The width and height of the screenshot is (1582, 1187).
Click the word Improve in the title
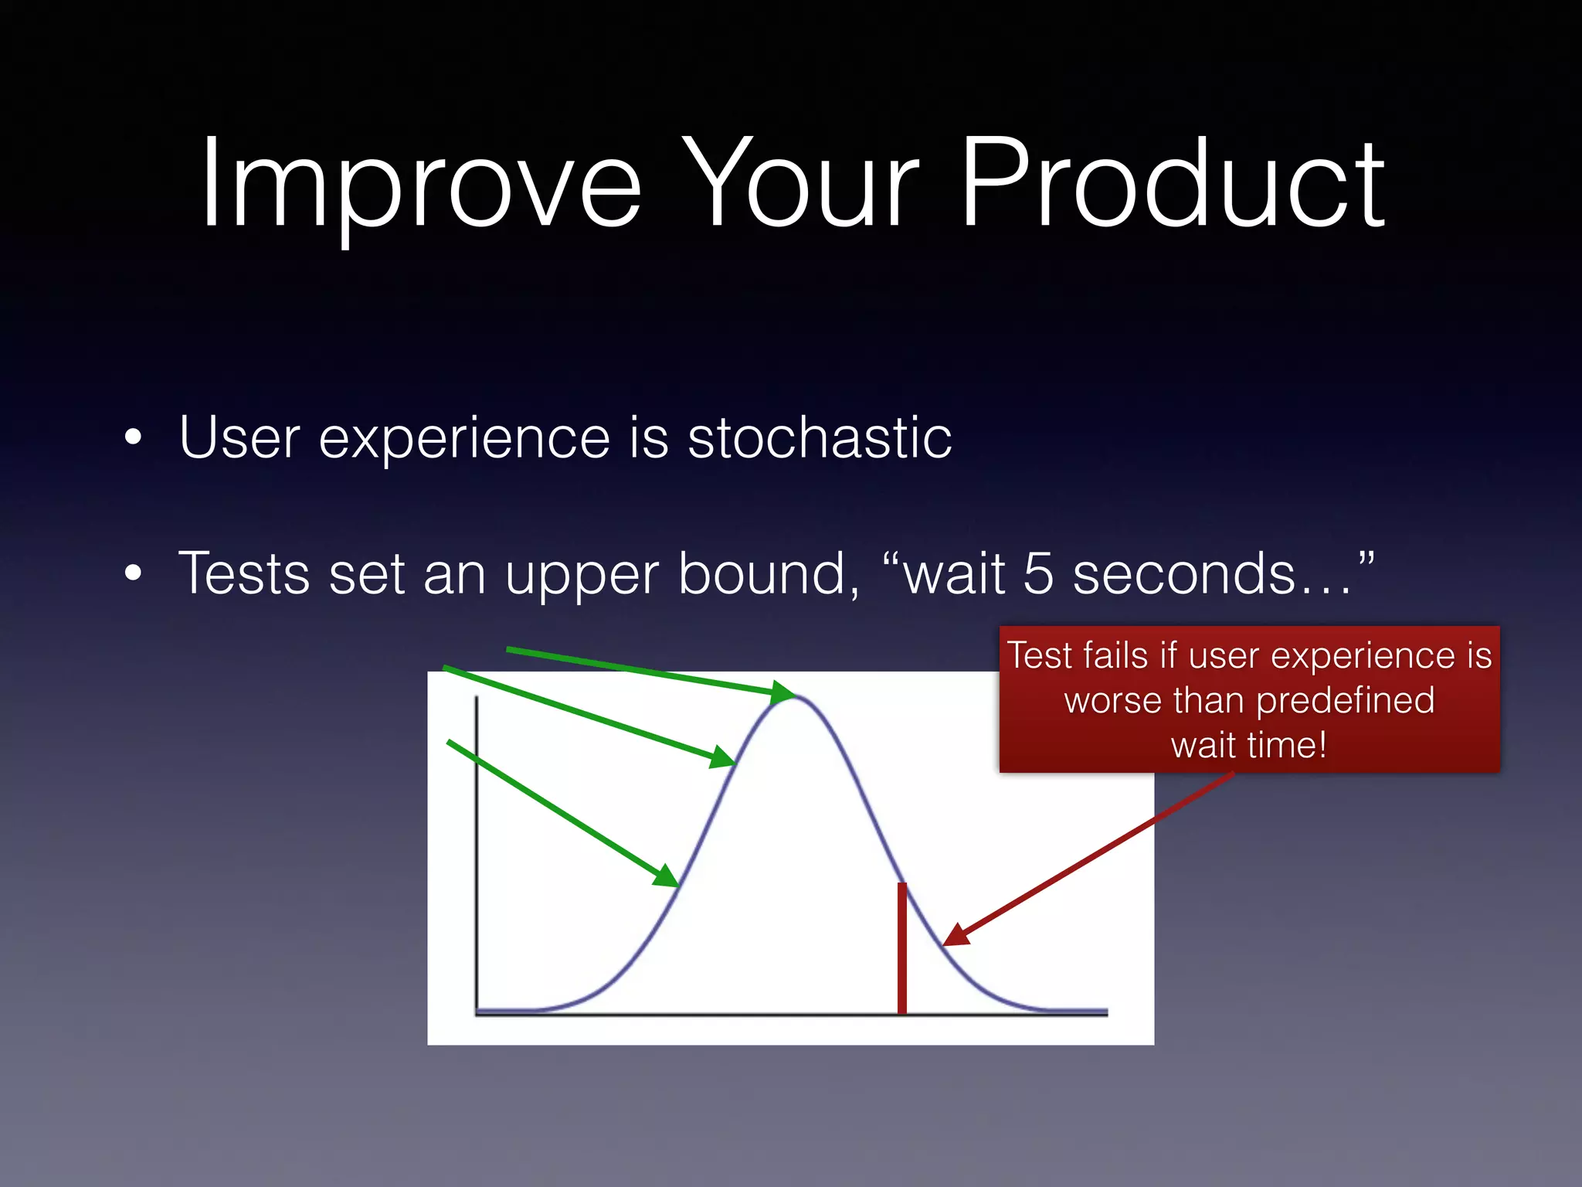(x=421, y=185)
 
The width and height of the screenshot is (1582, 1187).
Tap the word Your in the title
(x=799, y=185)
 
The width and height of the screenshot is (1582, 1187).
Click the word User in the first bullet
(x=239, y=438)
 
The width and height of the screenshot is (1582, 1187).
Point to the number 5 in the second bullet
(x=1037, y=574)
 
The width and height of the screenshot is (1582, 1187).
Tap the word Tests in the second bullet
(x=244, y=574)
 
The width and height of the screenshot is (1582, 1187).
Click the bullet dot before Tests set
(x=134, y=573)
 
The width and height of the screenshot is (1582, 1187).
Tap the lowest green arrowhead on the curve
(x=665, y=876)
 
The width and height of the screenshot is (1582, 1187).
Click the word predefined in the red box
(x=1344, y=701)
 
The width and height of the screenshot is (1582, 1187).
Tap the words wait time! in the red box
(x=1248, y=746)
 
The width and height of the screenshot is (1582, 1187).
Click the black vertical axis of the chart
(x=476, y=850)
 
